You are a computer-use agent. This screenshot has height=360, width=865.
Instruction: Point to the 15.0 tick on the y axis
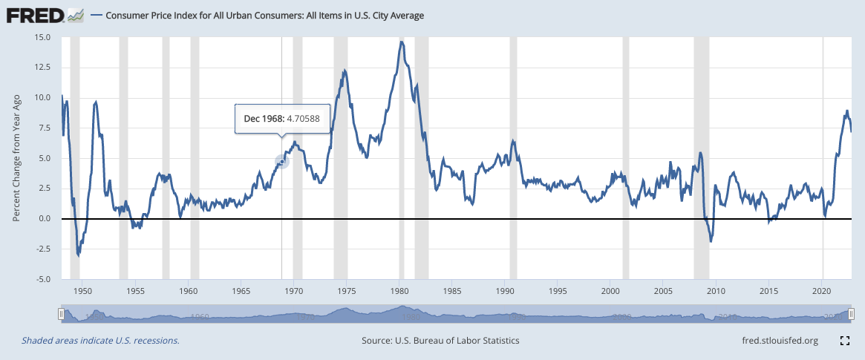[41, 37]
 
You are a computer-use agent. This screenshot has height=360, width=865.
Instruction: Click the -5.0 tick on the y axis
[41, 279]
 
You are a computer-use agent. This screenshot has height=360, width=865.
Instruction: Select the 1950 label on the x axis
[82, 290]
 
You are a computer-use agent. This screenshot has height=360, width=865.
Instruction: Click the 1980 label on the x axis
[399, 290]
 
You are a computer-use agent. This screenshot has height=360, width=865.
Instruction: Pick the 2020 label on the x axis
[822, 290]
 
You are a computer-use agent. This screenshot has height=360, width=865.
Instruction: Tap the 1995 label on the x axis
[558, 290]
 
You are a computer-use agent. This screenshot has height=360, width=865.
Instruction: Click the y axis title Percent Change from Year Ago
[16, 158]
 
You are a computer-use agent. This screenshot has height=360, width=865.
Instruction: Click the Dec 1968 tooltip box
[282, 118]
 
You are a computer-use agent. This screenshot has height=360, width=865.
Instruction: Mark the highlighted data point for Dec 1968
[281, 161]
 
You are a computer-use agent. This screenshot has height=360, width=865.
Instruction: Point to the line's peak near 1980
[401, 42]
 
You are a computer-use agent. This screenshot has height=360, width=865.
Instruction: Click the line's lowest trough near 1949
[78, 255]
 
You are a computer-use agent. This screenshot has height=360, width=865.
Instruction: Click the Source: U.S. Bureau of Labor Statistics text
[440, 341]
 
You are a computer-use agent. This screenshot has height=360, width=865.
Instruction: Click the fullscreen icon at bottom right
[844, 341]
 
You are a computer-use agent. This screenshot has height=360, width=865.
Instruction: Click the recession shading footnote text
[100, 341]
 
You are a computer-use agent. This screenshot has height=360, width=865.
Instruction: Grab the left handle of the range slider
[62, 315]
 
